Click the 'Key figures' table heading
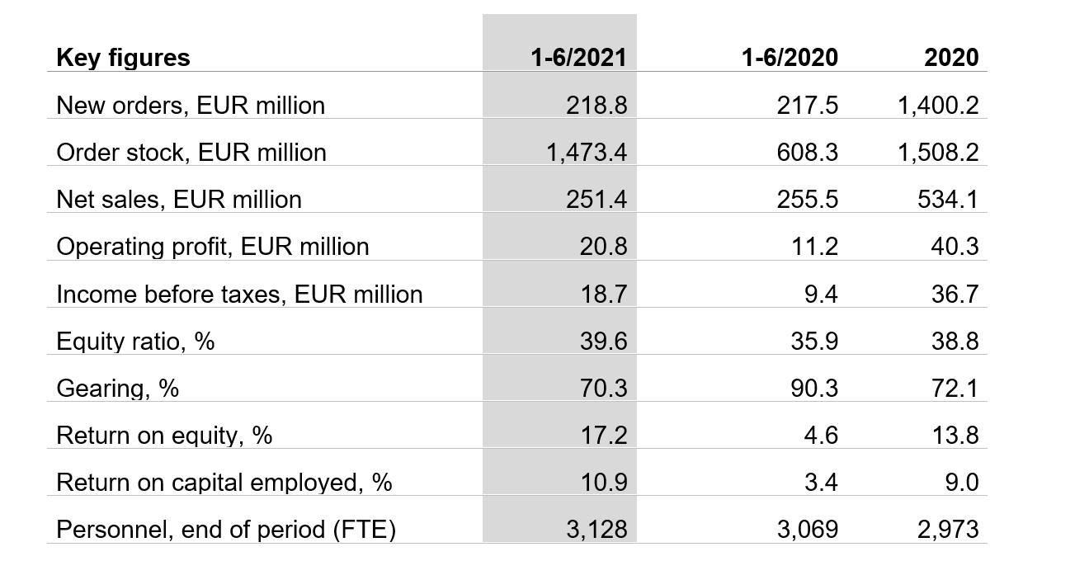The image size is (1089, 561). coord(123,57)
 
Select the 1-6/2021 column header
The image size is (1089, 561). coord(578,57)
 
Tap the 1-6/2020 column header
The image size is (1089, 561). coord(790,57)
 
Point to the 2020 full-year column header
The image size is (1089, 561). coord(951,57)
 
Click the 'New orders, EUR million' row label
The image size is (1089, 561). coord(191,106)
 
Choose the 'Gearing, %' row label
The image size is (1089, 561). coord(117,389)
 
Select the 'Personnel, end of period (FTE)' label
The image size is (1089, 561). coord(226,530)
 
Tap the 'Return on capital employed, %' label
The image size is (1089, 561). coord(224,483)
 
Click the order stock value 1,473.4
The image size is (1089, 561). coord(586,153)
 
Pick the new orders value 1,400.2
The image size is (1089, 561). coord(938,106)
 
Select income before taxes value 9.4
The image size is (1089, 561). coord(821,295)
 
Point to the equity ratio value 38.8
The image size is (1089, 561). coord(955,342)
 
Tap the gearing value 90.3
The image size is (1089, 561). coord(814,389)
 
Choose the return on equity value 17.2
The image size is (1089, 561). coord(603,436)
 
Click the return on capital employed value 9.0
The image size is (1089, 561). coord(962,483)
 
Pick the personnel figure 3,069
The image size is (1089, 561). coord(807,530)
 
